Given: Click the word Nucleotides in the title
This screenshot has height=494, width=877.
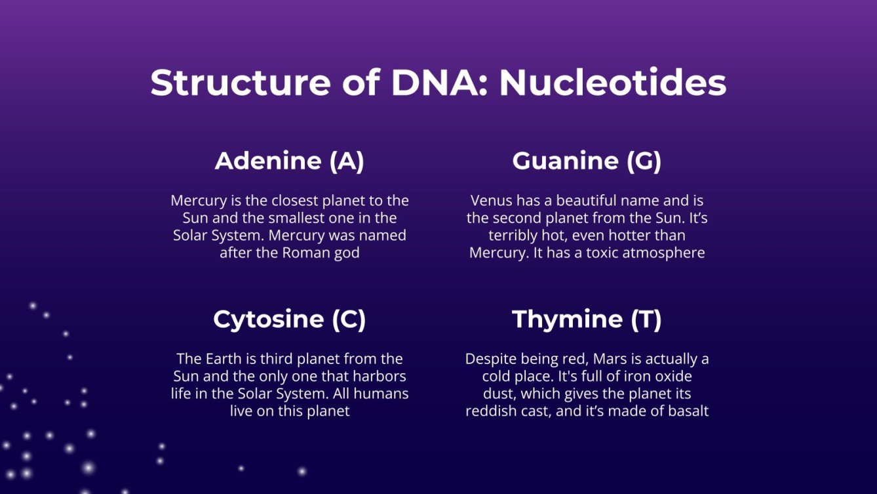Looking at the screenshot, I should [x=613, y=83].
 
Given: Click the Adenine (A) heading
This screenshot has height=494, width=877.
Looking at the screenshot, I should [x=289, y=161].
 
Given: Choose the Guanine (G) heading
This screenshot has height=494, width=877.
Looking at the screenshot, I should [x=587, y=161].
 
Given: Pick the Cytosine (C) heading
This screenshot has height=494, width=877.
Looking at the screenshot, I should [x=289, y=319].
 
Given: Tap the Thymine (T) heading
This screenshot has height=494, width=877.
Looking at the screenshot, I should [x=587, y=319].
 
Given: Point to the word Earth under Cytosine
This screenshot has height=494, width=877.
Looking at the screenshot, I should [x=223, y=359].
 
